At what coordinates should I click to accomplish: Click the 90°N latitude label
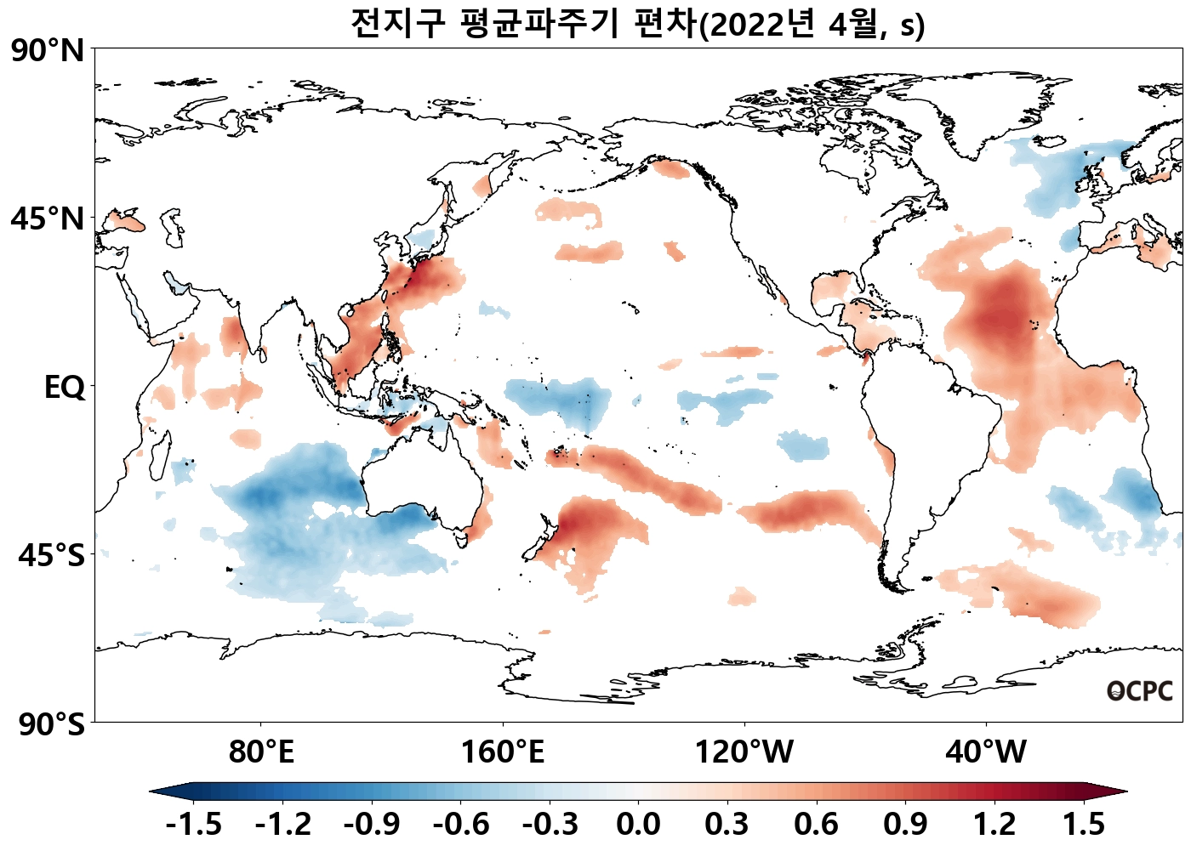48,51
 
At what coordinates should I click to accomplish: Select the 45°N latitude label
48,218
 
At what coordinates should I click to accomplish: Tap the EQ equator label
65,388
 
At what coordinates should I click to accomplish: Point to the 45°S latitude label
51,555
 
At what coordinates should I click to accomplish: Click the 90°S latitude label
51,724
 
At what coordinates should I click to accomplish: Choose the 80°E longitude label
261,752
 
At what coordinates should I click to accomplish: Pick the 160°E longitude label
502,752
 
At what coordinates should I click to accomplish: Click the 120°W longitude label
744,752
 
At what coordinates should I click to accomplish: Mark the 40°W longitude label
986,752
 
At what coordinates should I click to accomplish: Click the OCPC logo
1140,692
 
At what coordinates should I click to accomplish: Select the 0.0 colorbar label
638,824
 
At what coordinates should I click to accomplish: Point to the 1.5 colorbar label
1084,824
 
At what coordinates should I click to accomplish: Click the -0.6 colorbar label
460,824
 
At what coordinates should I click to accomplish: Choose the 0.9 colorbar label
905,824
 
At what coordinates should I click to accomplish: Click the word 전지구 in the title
397,24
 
